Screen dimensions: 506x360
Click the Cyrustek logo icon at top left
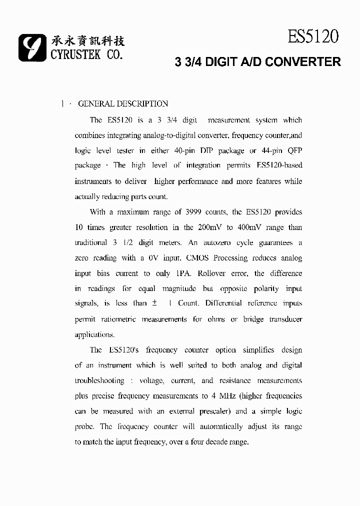(x=32, y=48)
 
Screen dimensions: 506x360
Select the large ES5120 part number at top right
(x=313, y=36)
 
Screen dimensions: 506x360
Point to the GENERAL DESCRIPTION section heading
(x=123, y=104)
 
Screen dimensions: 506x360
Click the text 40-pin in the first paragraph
(x=185, y=150)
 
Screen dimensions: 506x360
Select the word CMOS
(x=198, y=258)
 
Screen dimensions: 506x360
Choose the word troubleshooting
(x=99, y=380)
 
